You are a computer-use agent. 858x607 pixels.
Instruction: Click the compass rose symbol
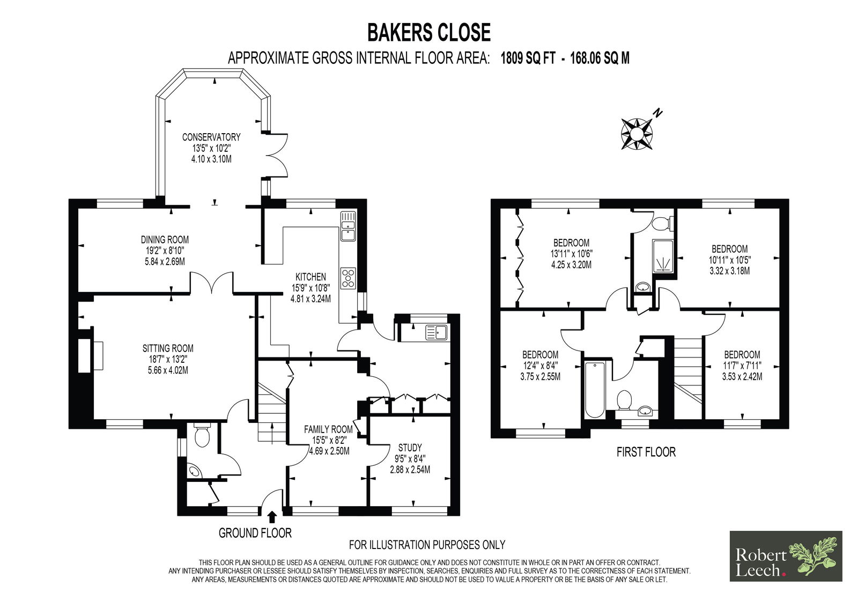click(x=637, y=134)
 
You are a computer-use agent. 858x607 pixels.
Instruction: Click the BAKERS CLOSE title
click(x=429, y=33)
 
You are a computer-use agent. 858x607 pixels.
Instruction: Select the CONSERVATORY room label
click(x=211, y=137)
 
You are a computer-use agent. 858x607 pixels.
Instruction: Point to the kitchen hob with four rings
click(x=348, y=278)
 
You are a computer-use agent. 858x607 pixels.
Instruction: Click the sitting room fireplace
click(x=91, y=355)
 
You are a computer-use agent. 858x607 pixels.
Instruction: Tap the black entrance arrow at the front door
click(x=272, y=516)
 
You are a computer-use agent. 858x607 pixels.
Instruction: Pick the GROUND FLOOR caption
click(x=255, y=533)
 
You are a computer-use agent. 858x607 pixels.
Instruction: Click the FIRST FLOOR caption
click(x=646, y=452)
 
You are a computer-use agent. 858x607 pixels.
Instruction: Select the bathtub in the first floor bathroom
click(x=595, y=389)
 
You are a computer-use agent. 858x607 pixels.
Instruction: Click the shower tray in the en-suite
click(x=663, y=256)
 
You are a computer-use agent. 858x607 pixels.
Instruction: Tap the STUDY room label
click(x=410, y=448)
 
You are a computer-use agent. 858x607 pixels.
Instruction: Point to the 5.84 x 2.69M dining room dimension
click(x=165, y=262)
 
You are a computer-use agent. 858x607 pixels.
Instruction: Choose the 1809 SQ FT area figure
click(x=528, y=58)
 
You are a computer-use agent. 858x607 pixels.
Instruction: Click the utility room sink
click(x=437, y=332)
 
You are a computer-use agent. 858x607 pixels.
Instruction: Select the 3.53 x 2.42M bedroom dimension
click(x=742, y=377)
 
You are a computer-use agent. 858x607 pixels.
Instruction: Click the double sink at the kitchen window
click(x=348, y=226)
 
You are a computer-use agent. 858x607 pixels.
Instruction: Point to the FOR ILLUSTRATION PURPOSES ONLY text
click(x=427, y=545)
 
